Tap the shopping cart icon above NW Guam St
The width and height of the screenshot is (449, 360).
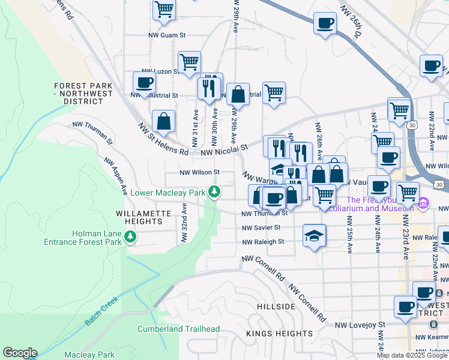point(164,10)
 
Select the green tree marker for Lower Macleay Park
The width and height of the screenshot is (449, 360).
point(214,193)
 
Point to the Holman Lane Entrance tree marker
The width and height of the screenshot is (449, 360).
point(130,238)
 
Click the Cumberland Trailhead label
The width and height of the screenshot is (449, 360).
point(178,329)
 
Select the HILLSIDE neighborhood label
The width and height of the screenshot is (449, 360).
point(276,307)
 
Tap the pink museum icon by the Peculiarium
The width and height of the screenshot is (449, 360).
point(424,203)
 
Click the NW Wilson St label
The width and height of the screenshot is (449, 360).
point(200,172)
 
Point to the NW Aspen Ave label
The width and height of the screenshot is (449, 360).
point(116,176)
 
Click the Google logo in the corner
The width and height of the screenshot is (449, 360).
point(20,353)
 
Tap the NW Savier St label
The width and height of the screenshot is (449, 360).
point(261,227)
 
